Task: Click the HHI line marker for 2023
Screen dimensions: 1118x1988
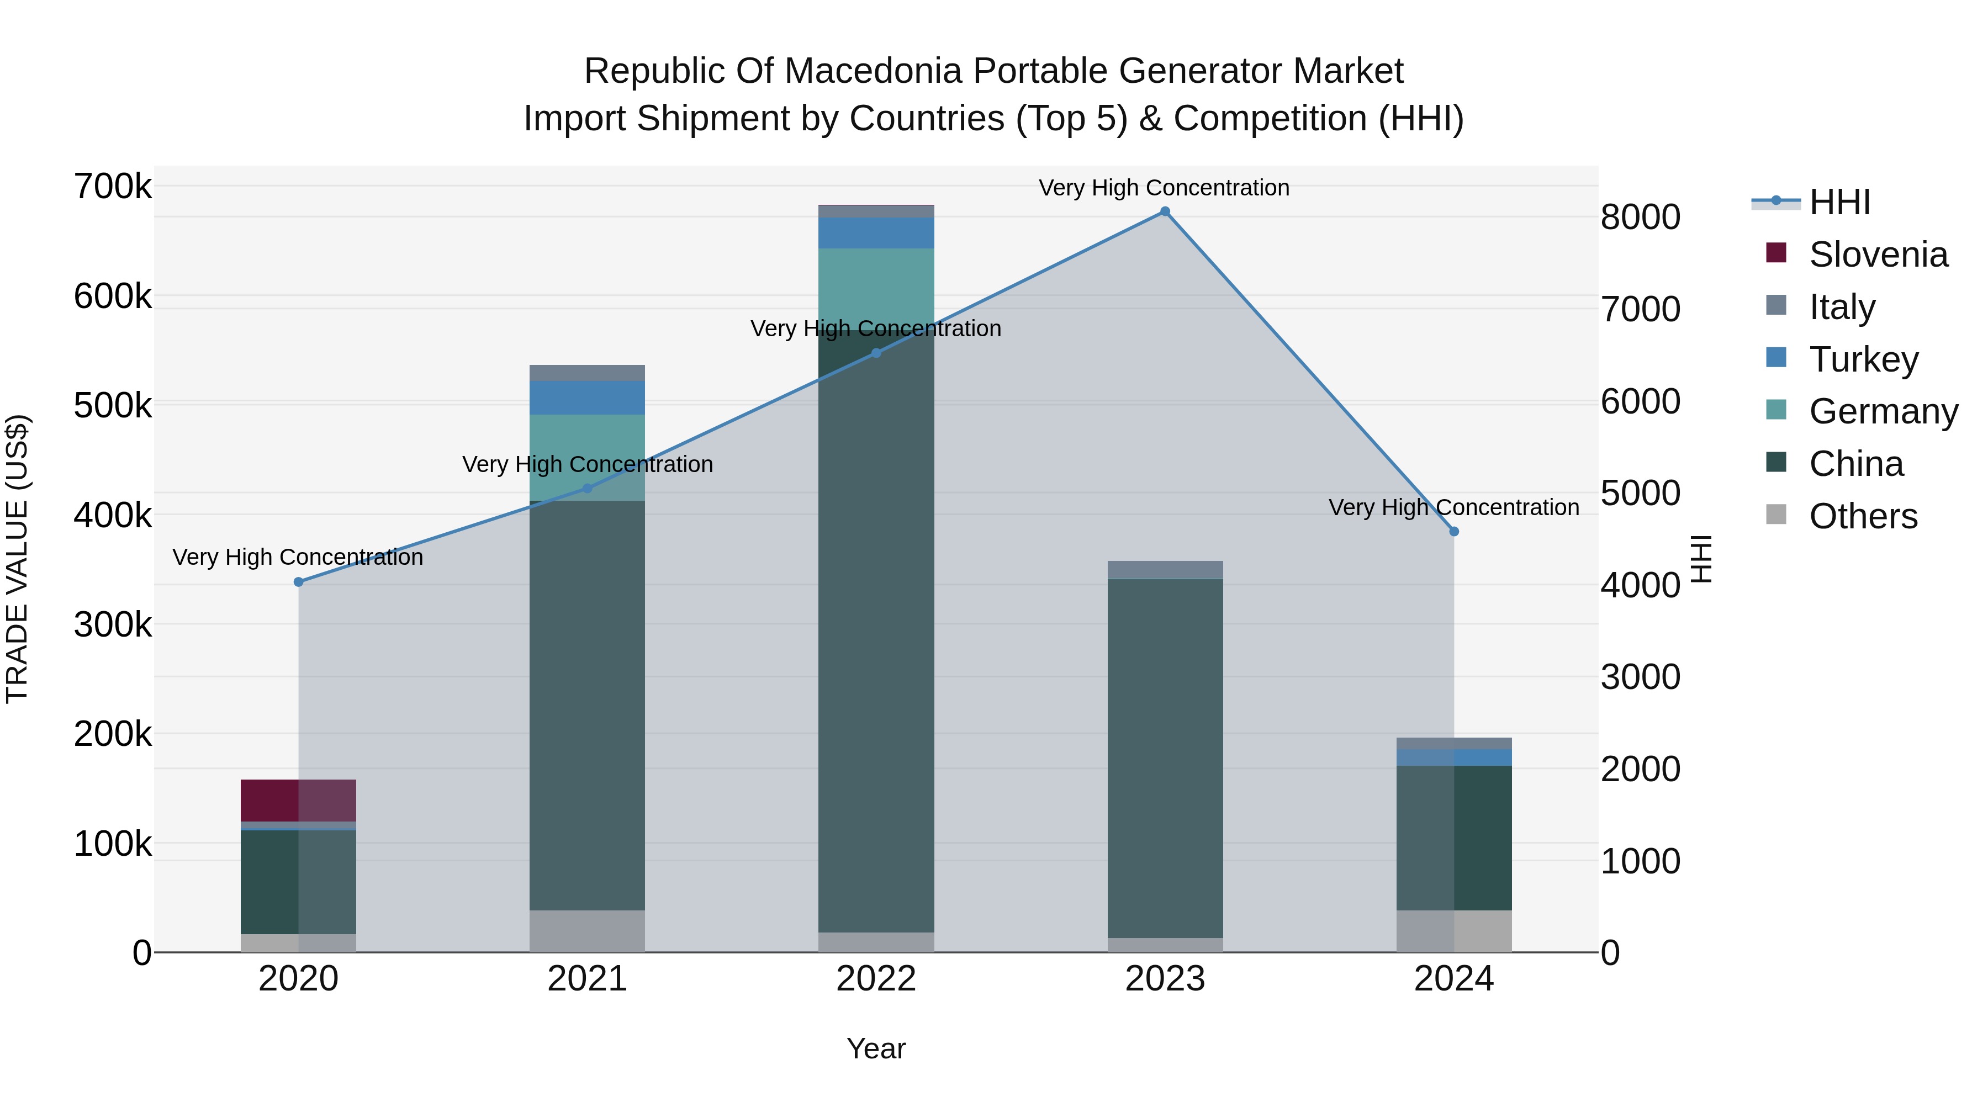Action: pos(1165,211)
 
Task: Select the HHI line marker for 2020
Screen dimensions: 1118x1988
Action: pos(299,582)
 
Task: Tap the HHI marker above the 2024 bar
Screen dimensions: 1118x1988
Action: pos(1454,532)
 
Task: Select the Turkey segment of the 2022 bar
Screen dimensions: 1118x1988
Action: pos(876,233)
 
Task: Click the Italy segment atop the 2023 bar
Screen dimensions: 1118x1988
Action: pos(1165,569)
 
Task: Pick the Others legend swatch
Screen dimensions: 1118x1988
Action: pos(1776,515)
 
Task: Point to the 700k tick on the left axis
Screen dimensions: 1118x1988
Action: pos(113,187)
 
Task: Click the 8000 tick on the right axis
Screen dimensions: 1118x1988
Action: pos(1640,217)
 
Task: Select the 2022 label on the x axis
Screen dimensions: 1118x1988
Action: pos(876,979)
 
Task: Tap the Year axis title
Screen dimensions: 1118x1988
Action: pos(876,1048)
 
